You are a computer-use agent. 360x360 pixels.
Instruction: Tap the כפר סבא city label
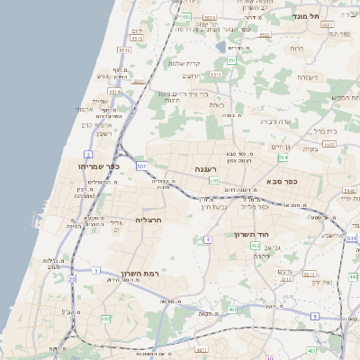tap(281, 181)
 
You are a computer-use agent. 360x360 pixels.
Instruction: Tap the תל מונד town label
tap(320, 16)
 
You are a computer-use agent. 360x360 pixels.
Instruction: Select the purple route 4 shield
tap(207, 239)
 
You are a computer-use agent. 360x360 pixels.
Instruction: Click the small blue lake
tap(220, 47)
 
